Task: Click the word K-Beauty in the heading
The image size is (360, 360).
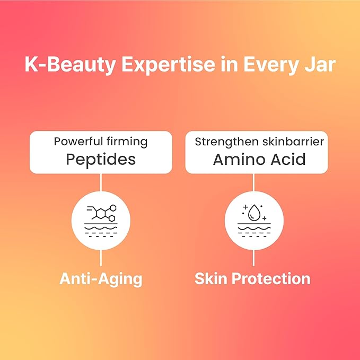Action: click(x=70, y=65)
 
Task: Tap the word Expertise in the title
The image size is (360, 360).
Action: click(x=168, y=65)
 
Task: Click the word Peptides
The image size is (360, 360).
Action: click(x=101, y=160)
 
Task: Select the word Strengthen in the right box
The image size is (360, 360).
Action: click(x=226, y=142)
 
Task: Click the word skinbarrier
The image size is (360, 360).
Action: click(x=293, y=142)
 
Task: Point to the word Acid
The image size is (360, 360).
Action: click(x=288, y=160)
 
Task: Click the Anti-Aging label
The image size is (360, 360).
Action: click(x=101, y=279)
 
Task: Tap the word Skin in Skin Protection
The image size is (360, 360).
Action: click(x=211, y=278)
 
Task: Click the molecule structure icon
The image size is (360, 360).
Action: click(x=101, y=213)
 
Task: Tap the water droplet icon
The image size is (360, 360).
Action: click(x=254, y=212)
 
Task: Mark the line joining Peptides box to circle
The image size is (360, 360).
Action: click(x=101, y=182)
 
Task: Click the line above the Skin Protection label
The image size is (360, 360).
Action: click(x=254, y=258)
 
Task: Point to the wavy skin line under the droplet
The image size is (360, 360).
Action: click(x=254, y=229)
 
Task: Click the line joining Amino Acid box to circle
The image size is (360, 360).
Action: click(x=254, y=182)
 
